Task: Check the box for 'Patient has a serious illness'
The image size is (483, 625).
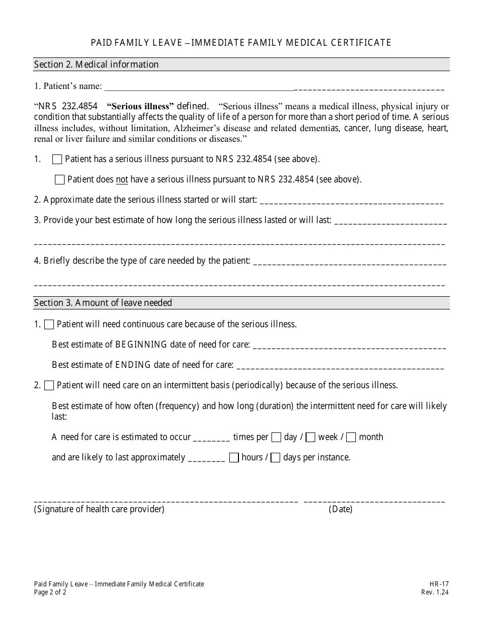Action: [57, 160]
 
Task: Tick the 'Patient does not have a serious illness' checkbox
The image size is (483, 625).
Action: [59, 180]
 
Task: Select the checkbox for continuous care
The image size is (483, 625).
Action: [49, 325]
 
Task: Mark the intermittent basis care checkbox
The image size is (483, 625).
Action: [49, 386]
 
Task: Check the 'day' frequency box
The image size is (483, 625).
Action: [276, 438]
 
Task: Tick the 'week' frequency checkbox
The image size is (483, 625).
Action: [311, 438]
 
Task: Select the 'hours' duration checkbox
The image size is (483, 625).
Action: [234, 458]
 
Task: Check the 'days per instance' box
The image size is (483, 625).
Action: [275, 458]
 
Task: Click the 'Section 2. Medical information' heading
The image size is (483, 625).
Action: [96, 65]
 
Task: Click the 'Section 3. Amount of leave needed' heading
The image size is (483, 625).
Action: [103, 303]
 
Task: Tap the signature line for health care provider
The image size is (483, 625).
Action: [166, 500]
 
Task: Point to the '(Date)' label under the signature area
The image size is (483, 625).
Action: [340, 510]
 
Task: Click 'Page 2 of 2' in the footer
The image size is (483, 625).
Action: [50, 592]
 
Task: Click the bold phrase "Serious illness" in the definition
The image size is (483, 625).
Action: [140, 107]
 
